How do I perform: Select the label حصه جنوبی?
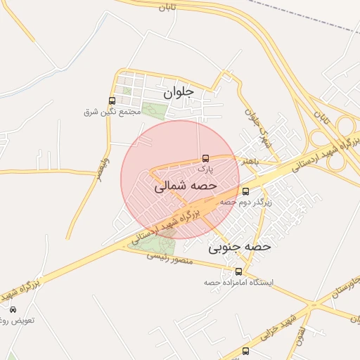(x=240, y=247)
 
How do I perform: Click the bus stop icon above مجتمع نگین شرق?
(x=112, y=101)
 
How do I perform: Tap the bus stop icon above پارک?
(x=205, y=158)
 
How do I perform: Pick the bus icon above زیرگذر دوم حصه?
(x=245, y=191)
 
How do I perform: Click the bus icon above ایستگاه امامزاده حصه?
(x=239, y=271)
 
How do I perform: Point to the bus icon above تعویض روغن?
(x=13, y=309)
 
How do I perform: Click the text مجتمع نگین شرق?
(x=108, y=112)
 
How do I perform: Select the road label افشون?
(x=300, y=332)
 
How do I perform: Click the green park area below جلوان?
(x=154, y=110)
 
